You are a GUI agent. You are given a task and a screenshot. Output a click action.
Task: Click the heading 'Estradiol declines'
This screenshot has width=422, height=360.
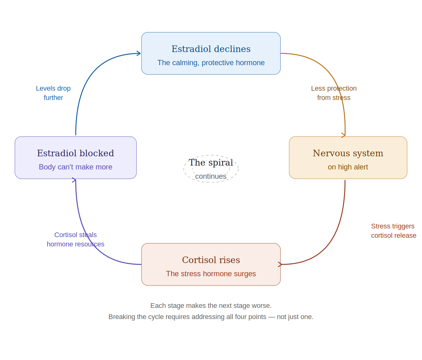[211, 49]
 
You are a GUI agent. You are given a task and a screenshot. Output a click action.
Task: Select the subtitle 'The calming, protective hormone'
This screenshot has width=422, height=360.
[211, 63]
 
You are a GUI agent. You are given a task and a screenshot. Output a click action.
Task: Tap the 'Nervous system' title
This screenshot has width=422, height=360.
[348, 153]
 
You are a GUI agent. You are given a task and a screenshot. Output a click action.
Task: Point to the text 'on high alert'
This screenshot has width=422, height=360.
[348, 167]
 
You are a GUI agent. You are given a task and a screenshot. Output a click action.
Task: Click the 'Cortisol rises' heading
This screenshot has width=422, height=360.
[211, 260]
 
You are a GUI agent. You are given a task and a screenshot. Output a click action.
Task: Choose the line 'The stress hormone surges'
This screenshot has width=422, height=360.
[211, 274]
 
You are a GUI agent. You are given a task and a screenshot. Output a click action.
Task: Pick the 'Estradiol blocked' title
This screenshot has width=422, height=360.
[75, 153]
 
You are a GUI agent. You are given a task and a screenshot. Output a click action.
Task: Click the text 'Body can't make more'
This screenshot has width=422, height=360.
[75, 167]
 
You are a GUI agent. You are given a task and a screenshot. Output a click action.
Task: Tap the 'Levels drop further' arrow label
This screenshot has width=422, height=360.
[53, 93]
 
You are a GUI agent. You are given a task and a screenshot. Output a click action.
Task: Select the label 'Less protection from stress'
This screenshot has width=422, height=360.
[334, 93]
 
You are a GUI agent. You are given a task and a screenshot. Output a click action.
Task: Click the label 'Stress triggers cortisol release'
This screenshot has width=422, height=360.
[393, 231]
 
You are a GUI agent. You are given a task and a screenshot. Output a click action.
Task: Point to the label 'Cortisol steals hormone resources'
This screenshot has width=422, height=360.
[75, 239]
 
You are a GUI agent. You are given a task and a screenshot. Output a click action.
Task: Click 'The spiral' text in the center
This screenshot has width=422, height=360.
[211, 163]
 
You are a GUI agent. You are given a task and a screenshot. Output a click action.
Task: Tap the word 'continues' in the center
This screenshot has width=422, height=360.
[211, 176]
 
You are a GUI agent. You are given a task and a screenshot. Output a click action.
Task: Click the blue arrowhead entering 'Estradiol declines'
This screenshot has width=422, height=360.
[139, 53]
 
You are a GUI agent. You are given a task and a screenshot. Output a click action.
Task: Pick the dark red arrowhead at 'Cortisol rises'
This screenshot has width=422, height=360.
[280, 264]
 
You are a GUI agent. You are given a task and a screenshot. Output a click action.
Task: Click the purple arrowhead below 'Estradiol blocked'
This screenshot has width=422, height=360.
[74, 180]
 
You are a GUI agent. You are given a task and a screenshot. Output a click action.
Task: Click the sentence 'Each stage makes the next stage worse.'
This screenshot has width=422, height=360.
[211, 306]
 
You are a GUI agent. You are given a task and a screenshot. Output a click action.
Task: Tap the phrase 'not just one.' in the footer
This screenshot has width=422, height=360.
[295, 317]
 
